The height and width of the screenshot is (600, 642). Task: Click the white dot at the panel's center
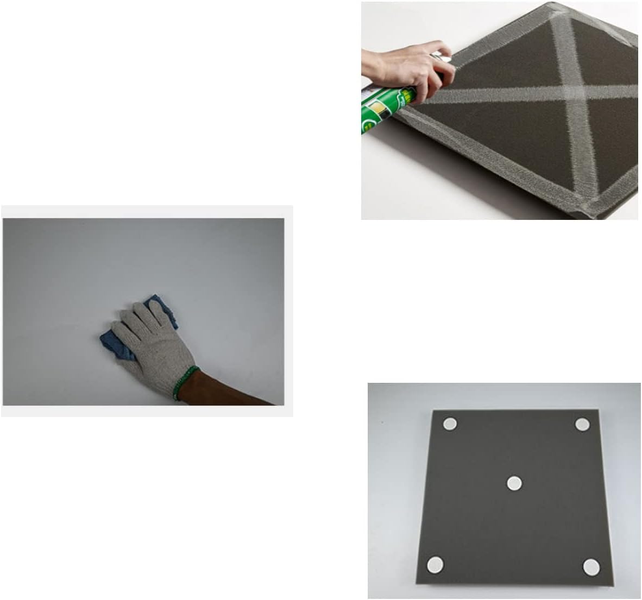514,482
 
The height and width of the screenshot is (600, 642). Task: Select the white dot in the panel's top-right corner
583,425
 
